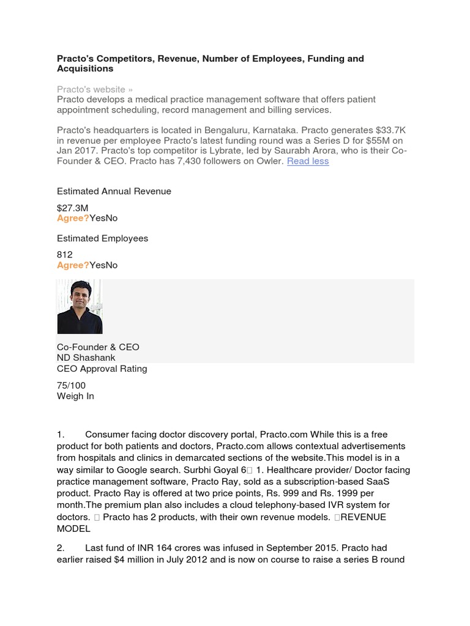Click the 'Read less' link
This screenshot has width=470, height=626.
[x=308, y=161]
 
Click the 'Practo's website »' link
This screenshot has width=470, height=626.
[x=95, y=89]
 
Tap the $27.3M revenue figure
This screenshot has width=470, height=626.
[x=72, y=208]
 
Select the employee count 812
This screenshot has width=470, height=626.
[x=65, y=254]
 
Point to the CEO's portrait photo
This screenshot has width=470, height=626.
[x=80, y=306]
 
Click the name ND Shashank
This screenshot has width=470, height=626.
[x=86, y=358]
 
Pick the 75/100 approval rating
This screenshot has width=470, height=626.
[x=71, y=385]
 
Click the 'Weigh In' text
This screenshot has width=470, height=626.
[x=75, y=396]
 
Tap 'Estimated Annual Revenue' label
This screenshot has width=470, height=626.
[x=114, y=191]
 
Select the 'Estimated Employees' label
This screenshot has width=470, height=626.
[x=102, y=238]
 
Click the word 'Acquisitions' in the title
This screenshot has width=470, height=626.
[x=85, y=69]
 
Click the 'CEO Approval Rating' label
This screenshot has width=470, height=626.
[x=102, y=369]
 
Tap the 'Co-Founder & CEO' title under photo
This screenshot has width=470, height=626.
[x=98, y=347]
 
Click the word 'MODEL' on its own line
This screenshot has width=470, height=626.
[x=73, y=528]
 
